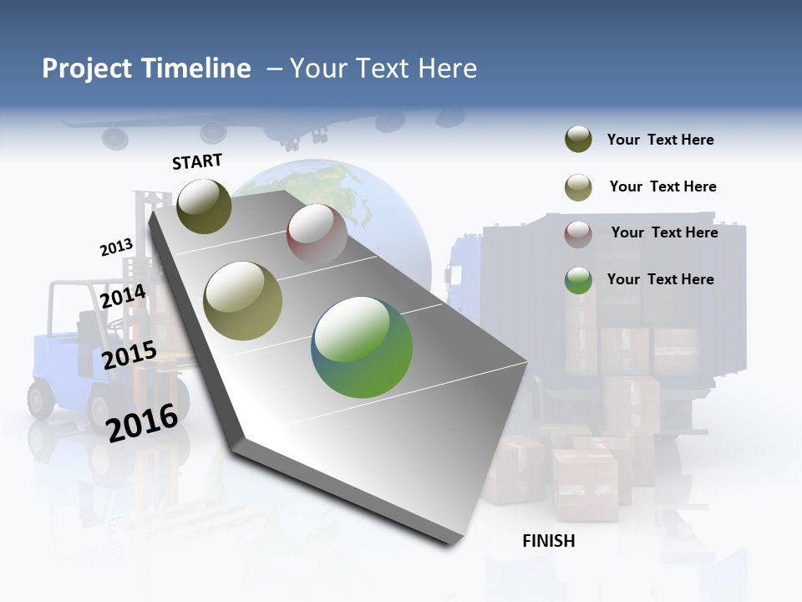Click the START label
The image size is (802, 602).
point(197,161)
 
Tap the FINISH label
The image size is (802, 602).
point(549,541)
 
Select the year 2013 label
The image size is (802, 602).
point(116,247)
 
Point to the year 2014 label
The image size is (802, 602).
point(123,297)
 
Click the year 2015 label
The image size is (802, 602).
point(129,356)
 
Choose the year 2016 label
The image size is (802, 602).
point(142,423)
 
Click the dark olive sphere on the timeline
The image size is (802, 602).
point(204,206)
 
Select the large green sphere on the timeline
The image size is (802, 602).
point(362,347)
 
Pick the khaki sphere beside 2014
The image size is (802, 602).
point(243,301)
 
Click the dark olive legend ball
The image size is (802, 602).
point(578,140)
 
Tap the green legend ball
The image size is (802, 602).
point(578,280)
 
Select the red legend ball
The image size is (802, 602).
point(578,234)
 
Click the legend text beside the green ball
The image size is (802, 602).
point(660,279)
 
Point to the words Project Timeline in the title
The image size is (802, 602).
point(146,69)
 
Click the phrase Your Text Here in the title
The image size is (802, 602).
point(383,69)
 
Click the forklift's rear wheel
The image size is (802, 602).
point(42,398)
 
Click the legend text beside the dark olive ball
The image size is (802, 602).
point(660,140)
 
